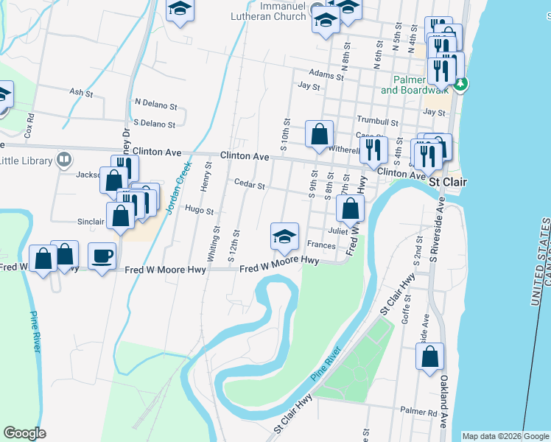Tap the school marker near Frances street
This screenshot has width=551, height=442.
(285, 236)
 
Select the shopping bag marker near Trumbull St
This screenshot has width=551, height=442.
(320, 134)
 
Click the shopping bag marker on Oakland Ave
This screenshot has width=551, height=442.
(429, 357)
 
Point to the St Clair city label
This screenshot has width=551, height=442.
(445, 180)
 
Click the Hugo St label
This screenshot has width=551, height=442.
(199, 210)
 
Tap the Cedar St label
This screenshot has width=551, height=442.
(249, 184)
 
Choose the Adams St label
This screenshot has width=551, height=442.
(326, 75)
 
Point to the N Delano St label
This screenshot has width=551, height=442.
(155, 103)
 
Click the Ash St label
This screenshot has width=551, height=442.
(80, 92)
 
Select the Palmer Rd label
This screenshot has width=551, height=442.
(418, 410)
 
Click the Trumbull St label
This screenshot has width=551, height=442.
(377, 122)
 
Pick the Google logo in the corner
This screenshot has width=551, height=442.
(24, 433)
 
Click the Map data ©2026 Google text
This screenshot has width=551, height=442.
(505, 436)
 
